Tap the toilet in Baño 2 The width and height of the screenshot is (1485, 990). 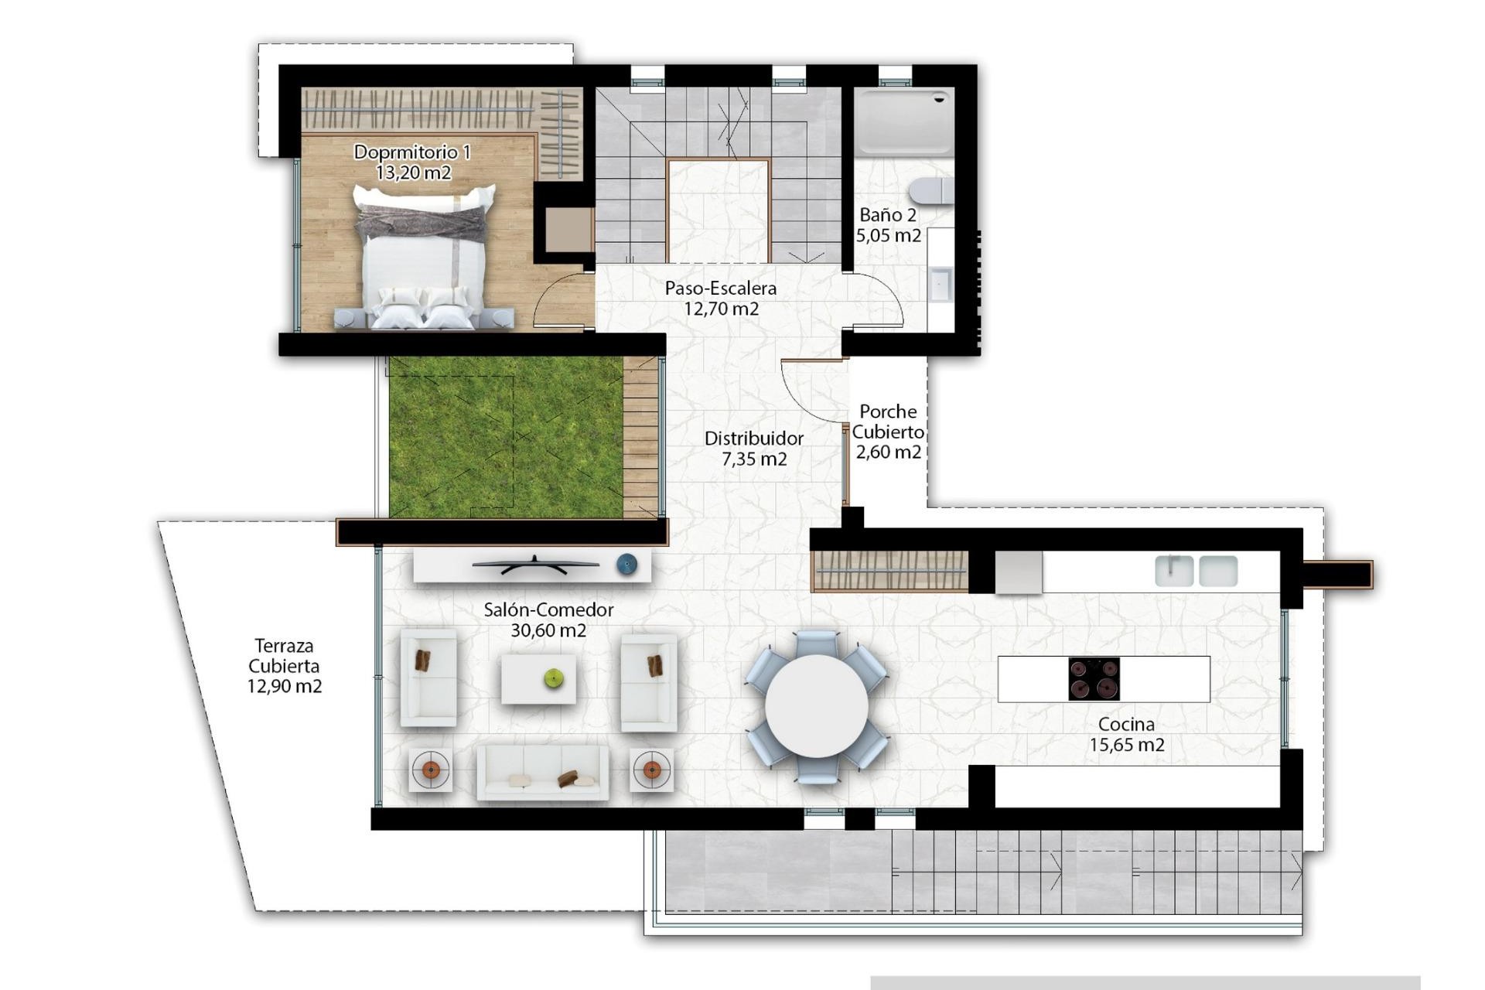click(x=931, y=190)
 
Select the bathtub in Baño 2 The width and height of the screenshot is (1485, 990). click(x=903, y=121)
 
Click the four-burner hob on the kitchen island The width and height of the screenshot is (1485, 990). click(x=1094, y=679)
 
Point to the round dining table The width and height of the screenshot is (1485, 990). click(x=817, y=706)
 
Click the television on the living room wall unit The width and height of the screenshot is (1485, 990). click(x=534, y=565)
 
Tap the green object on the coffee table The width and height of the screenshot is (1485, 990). click(x=554, y=678)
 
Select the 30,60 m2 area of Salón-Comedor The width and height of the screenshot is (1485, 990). click(x=548, y=630)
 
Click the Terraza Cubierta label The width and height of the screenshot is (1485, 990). click(x=284, y=655)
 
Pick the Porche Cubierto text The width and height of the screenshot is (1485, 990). click(x=888, y=422)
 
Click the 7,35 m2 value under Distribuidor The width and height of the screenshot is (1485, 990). click(x=754, y=459)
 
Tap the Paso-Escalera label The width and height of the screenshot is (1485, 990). click(x=720, y=288)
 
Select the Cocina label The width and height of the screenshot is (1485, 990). click(x=1126, y=725)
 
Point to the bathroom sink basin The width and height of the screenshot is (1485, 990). click(x=941, y=284)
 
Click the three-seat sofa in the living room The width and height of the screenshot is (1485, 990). click(x=542, y=772)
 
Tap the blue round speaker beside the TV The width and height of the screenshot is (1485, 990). click(x=627, y=565)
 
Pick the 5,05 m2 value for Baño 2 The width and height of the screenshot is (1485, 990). click(x=888, y=235)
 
